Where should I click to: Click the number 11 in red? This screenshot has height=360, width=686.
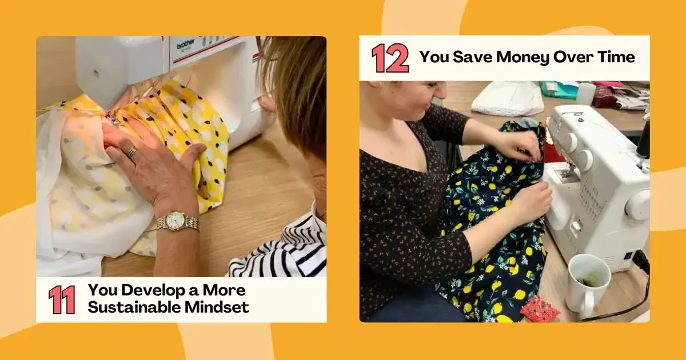(61, 299)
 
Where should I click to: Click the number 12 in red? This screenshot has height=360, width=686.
(390, 58)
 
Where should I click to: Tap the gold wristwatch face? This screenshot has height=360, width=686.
(177, 220)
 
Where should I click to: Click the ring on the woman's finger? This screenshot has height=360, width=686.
(132, 152)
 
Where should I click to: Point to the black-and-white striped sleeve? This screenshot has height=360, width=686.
(286, 249)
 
